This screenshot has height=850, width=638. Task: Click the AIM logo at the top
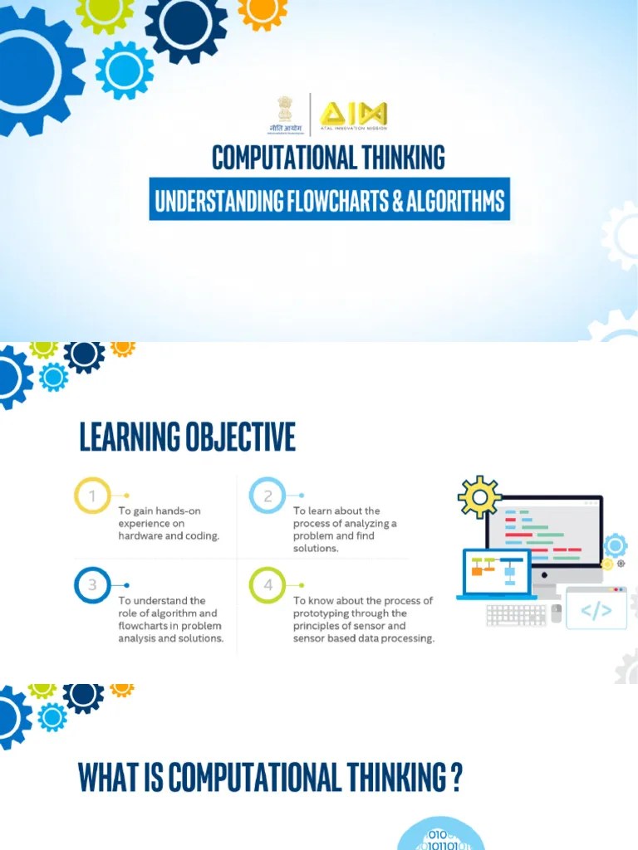coord(354,115)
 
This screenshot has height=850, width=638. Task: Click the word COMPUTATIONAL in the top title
coord(287,157)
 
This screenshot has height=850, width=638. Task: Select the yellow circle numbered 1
coord(92,496)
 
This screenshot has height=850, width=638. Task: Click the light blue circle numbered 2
coord(267,496)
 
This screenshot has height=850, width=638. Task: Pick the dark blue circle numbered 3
coord(92,585)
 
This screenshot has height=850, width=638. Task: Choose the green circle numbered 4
coord(267,585)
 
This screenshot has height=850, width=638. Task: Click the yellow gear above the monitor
coord(479,497)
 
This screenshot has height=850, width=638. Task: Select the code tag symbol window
coord(596,609)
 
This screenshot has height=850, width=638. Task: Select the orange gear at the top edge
coord(263,11)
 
